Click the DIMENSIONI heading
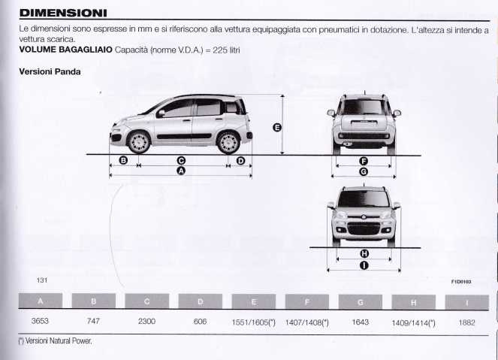[63, 13]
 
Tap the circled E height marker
[277, 128]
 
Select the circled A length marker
[181, 171]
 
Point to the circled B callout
[123, 160]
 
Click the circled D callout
[241, 161]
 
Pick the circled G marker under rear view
[364, 172]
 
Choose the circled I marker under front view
[364, 265]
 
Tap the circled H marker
[364, 253]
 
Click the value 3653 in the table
[40, 321]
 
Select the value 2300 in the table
[146, 321]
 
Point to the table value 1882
[466, 323]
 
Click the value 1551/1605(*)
[253, 322]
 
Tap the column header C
[146, 301]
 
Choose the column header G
[360, 302]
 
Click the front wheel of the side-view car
[139, 142]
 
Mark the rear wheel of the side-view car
[228, 142]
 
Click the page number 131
[42, 280]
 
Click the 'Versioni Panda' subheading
[50, 72]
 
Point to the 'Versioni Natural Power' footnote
[56, 341]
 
